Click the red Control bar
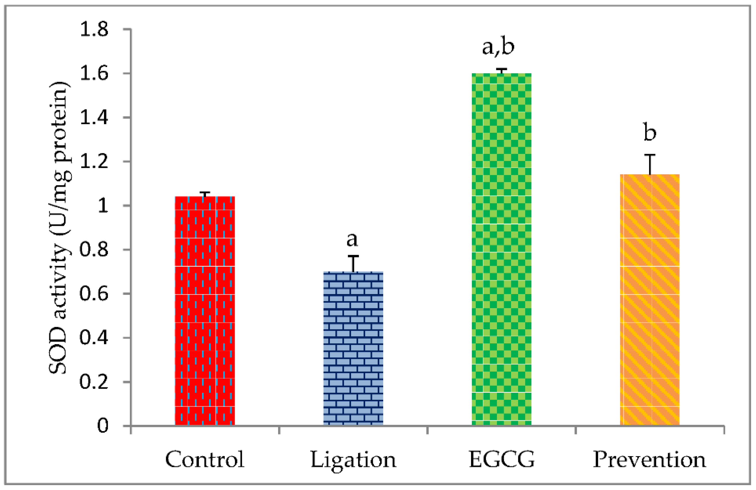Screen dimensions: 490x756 (x=205, y=311)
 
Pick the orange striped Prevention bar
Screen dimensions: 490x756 (x=650, y=300)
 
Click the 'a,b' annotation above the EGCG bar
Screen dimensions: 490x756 (x=498, y=47)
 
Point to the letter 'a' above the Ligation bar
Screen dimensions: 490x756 (x=352, y=239)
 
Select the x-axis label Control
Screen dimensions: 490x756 (x=205, y=459)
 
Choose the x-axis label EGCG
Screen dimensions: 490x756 (x=502, y=459)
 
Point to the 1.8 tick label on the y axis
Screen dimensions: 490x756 (x=94, y=30)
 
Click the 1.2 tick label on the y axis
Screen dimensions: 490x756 (x=94, y=162)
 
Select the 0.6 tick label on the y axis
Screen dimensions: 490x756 (x=94, y=294)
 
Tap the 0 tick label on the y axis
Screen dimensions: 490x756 (x=103, y=425)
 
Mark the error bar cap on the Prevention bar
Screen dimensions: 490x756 (x=650, y=155)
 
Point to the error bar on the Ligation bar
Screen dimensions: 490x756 (x=353, y=263)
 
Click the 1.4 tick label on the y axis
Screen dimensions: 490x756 (x=94, y=118)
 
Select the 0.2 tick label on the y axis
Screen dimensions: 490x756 (x=94, y=382)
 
